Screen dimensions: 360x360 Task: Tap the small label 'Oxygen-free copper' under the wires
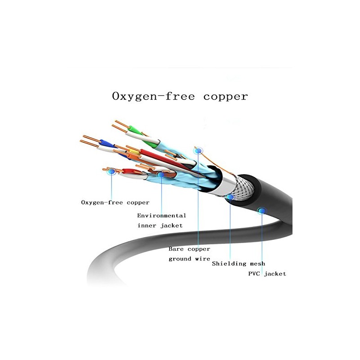click(x=115, y=202)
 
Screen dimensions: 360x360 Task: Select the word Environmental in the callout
click(x=162, y=216)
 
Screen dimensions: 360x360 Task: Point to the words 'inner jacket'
click(x=160, y=226)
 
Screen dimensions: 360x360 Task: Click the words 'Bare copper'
click(x=189, y=249)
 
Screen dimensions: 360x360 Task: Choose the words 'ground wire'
click(x=189, y=259)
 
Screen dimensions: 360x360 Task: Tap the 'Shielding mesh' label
click(x=238, y=264)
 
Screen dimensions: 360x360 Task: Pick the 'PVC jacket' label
click(x=267, y=274)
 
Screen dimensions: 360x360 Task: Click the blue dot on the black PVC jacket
click(x=261, y=211)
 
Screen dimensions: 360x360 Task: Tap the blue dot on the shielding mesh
click(x=230, y=197)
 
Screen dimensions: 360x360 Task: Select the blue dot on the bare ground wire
click(x=198, y=151)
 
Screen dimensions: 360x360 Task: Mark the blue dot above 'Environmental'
click(x=161, y=175)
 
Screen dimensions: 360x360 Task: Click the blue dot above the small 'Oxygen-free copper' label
click(x=111, y=171)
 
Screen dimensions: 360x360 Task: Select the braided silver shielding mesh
click(x=243, y=187)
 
